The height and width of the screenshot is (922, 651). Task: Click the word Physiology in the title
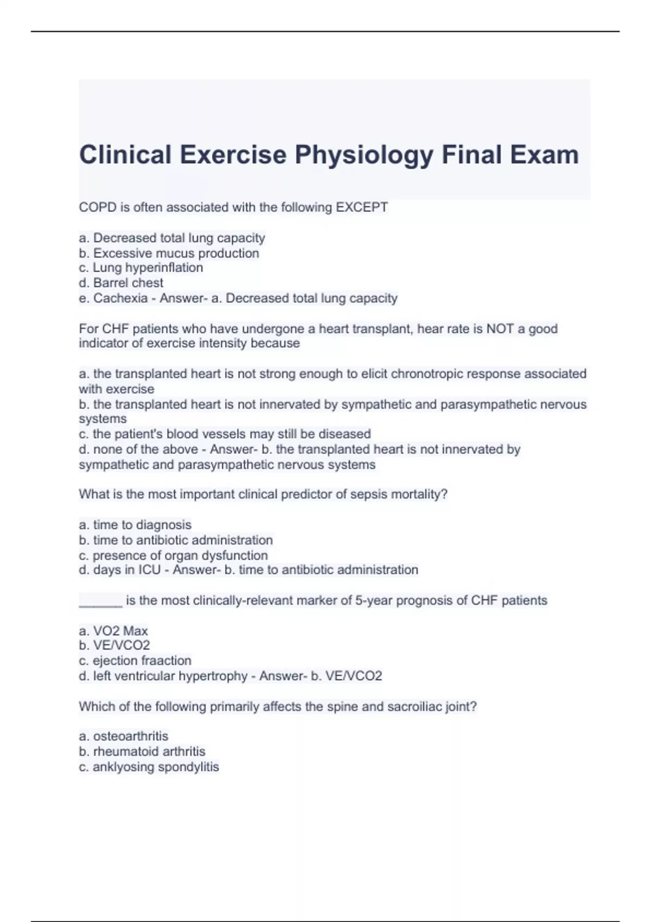pyautogui.click(x=363, y=155)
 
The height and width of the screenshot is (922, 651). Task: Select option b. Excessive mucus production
pyautogui.click(x=169, y=253)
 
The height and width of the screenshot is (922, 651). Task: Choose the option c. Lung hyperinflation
pyautogui.click(x=141, y=268)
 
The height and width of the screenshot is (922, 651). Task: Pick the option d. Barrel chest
pyautogui.click(x=121, y=283)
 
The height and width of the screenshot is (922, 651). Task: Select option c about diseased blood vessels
pyautogui.click(x=225, y=434)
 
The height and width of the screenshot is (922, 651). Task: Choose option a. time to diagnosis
pyautogui.click(x=135, y=525)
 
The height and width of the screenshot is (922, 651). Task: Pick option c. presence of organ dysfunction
pyautogui.click(x=173, y=555)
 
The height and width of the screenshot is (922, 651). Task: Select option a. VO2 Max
pyautogui.click(x=113, y=631)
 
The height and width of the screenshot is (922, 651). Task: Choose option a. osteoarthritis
pyautogui.click(x=124, y=737)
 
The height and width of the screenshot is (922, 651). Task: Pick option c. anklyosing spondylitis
pyautogui.click(x=149, y=767)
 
